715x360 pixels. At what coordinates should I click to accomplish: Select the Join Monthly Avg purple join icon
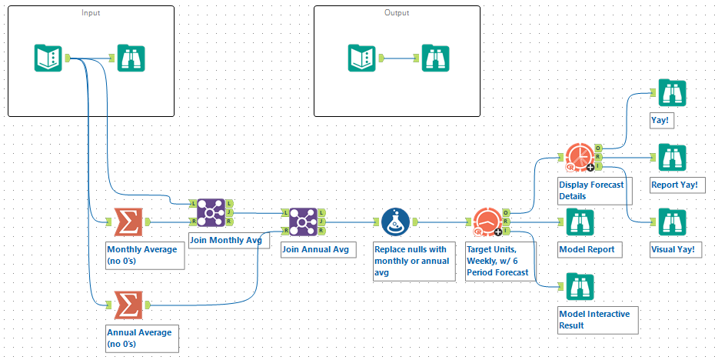[x=211, y=213]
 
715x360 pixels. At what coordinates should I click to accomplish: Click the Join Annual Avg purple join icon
[x=304, y=223]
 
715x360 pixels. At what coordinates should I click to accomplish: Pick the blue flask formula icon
[x=396, y=223]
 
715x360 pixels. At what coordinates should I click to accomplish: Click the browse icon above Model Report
[x=580, y=222]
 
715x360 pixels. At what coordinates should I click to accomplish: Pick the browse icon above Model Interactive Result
[x=580, y=287]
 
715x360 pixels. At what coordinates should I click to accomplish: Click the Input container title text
[x=91, y=13]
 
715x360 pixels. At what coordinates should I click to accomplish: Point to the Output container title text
[x=397, y=13]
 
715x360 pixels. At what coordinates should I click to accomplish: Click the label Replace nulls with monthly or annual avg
[x=409, y=261]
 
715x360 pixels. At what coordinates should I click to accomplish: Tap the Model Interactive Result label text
[x=594, y=319]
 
